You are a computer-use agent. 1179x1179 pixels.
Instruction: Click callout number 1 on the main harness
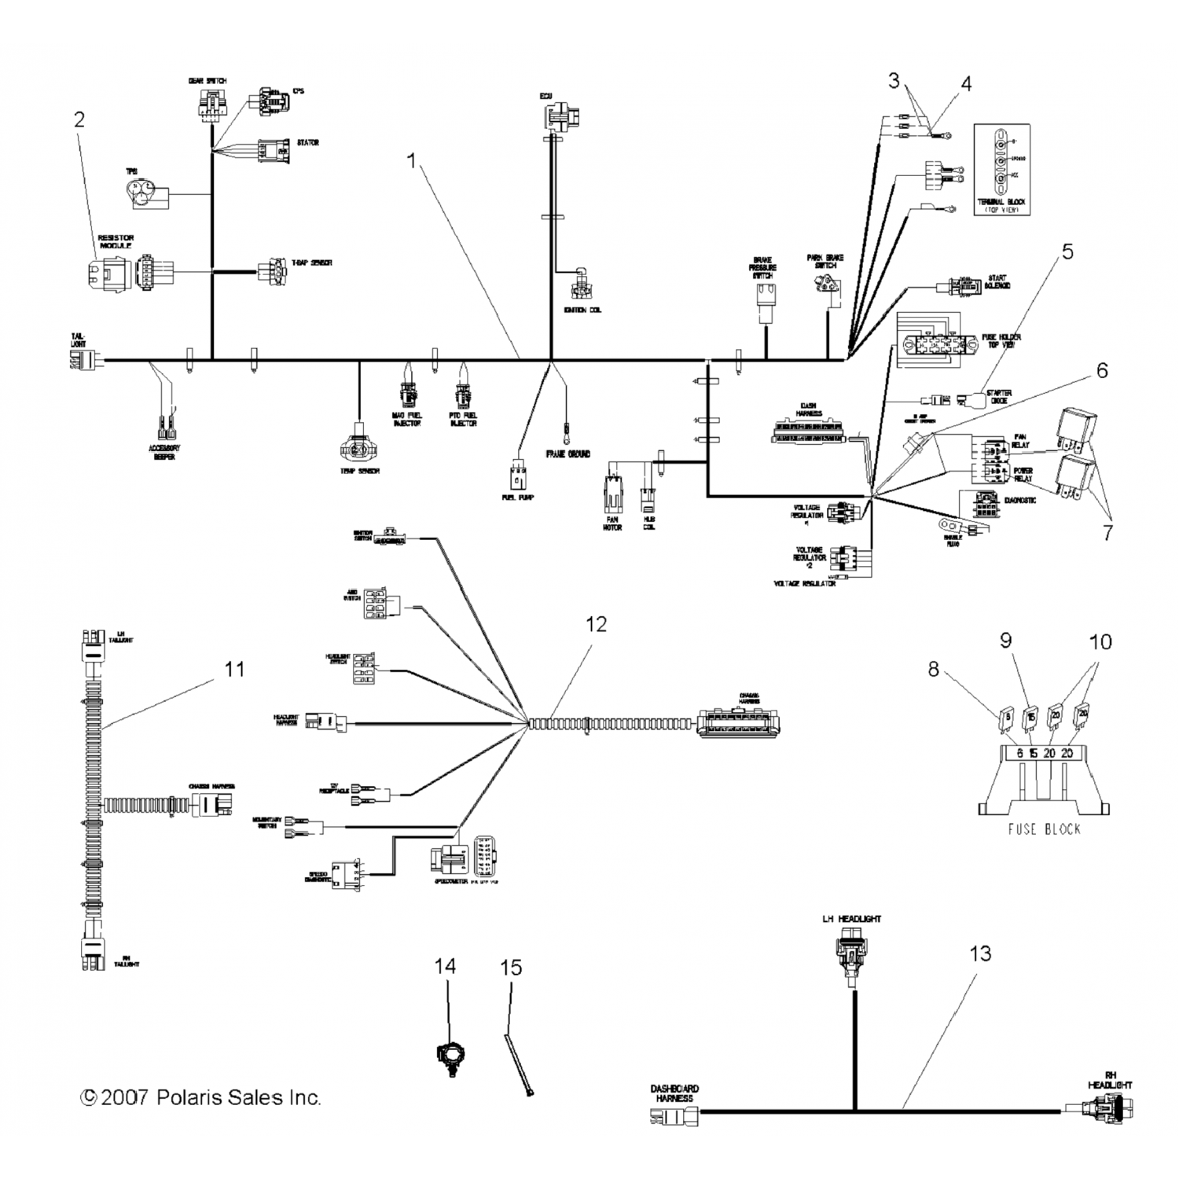point(410,161)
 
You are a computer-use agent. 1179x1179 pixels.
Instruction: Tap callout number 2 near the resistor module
point(79,120)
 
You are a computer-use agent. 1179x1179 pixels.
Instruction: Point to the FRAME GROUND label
point(567,454)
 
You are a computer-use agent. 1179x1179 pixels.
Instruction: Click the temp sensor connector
point(358,446)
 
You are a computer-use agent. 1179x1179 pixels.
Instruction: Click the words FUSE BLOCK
point(1044,829)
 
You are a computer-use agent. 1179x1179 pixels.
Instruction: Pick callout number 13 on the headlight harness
point(980,954)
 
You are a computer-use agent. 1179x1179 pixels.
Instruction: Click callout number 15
point(511,968)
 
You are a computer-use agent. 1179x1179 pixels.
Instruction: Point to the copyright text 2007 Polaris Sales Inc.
point(201,1097)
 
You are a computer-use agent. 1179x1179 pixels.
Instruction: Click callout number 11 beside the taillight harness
point(234,670)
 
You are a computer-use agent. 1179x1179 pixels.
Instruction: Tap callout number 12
point(597,624)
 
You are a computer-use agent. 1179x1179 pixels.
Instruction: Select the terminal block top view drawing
point(1001,167)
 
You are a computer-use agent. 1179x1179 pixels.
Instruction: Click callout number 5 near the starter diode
point(1067,252)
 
